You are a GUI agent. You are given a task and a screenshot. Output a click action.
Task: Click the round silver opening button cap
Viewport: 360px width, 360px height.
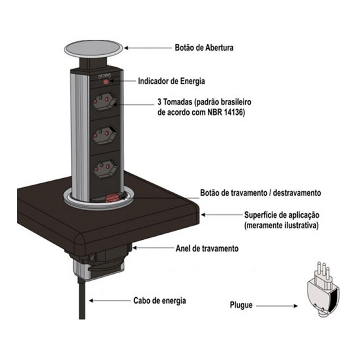(93, 49)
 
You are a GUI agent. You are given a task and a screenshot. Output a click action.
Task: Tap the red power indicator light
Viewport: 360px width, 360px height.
(106, 82)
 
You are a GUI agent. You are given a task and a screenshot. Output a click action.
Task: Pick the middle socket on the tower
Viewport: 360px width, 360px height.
(105, 135)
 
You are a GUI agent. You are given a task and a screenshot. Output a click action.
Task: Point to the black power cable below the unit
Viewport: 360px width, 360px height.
(82, 298)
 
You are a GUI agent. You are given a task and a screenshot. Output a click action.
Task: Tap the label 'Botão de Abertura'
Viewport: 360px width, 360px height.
(204, 48)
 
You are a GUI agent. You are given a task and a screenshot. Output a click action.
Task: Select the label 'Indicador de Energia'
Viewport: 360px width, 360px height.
(171, 81)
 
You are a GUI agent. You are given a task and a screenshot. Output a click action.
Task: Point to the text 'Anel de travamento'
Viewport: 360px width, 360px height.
(207, 248)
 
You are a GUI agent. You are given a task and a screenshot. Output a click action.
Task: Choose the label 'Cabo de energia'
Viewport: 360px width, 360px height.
(160, 301)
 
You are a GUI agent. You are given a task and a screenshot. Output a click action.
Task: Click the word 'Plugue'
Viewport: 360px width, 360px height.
(241, 305)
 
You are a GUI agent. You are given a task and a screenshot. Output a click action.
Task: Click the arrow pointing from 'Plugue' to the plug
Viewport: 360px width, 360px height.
(277, 306)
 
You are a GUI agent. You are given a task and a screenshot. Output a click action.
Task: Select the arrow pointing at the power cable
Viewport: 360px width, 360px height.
(110, 301)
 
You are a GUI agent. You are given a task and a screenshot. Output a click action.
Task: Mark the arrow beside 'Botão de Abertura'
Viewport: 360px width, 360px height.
(148, 48)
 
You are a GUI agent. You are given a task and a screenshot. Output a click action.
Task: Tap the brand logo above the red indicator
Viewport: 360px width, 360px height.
(105, 76)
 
